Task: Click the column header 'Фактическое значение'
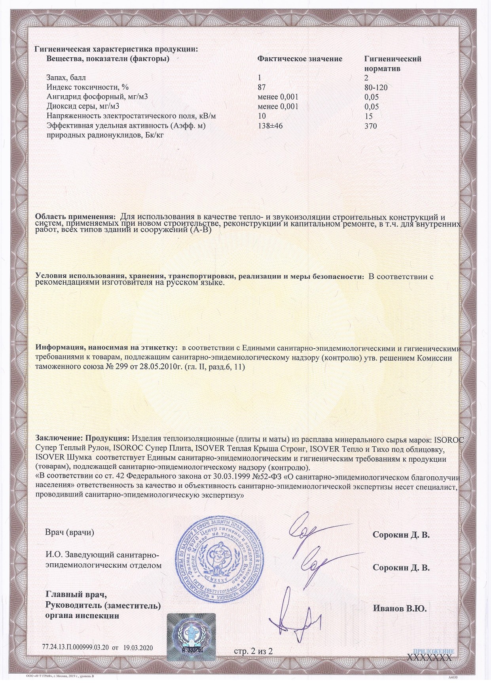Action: click(x=300, y=59)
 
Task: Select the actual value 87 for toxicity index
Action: click(x=262, y=87)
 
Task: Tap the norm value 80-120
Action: click(x=375, y=87)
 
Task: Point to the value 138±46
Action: click(x=271, y=126)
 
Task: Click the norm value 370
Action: click(x=370, y=126)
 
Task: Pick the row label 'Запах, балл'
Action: click(x=66, y=77)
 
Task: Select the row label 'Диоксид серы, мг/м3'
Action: click(x=83, y=107)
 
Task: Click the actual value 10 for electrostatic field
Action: click(x=262, y=116)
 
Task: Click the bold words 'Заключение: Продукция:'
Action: click(x=82, y=439)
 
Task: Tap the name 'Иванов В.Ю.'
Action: click(x=400, y=609)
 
